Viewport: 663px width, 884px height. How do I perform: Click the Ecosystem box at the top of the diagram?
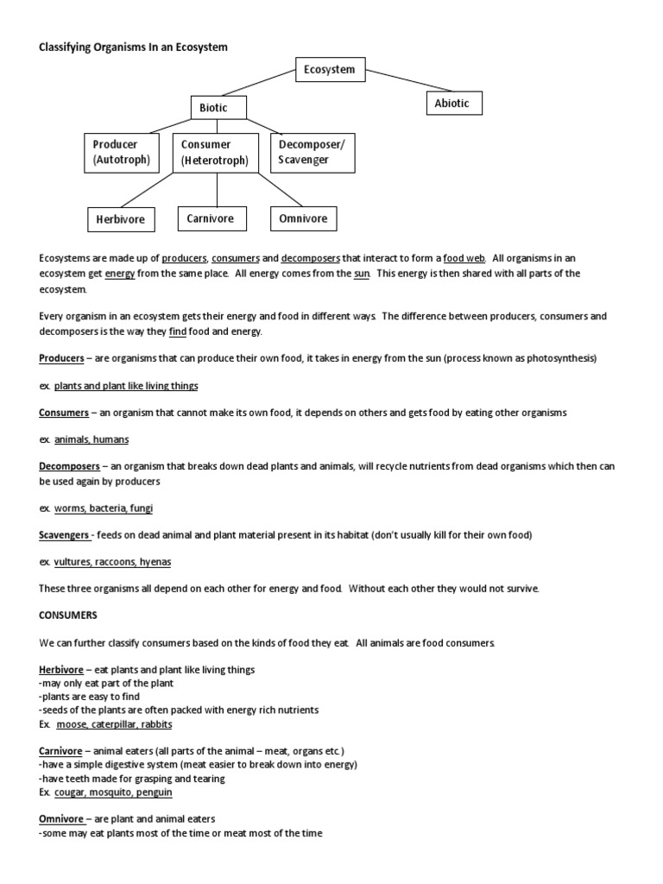329,70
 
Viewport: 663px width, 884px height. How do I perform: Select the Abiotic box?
452,104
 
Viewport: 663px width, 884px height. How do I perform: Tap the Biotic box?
218,108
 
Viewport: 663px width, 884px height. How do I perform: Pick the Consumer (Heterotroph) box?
215,153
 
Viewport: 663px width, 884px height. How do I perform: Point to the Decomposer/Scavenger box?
312,152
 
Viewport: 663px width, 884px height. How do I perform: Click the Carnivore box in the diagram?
211,219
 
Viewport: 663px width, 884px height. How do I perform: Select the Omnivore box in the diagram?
303,219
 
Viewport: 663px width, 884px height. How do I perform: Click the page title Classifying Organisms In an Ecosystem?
134,47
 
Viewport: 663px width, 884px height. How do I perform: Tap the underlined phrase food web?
464,258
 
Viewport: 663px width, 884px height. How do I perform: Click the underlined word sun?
362,274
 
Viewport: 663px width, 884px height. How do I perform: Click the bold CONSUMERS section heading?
70,616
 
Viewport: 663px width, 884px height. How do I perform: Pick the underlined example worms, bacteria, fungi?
104,508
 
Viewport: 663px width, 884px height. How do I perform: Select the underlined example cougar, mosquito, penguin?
113,792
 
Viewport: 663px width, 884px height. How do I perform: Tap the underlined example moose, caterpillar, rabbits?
113,723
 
